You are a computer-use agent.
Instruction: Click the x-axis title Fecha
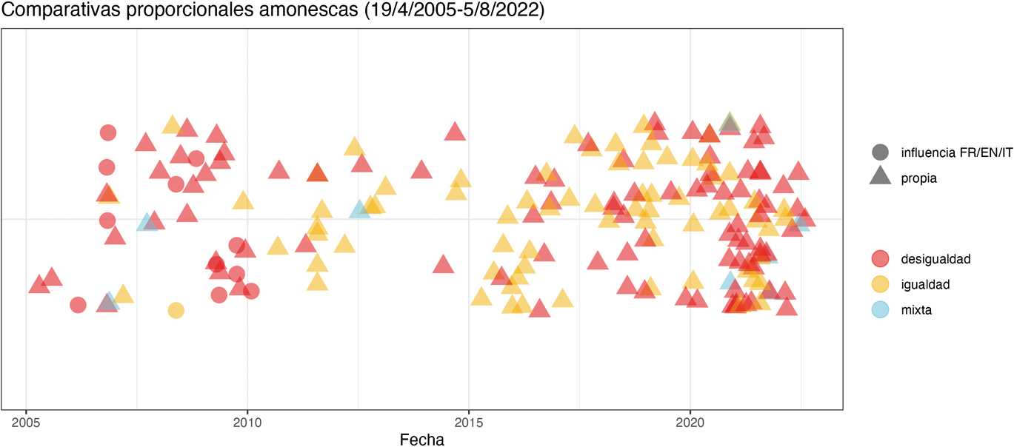coord(421,440)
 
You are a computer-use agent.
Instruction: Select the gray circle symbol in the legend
coord(880,152)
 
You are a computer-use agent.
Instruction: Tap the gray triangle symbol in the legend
coord(880,178)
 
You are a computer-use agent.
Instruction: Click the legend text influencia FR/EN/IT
coord(956,152)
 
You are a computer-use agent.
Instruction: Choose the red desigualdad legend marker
coord(880,258)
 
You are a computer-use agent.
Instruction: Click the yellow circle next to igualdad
coord(880,284)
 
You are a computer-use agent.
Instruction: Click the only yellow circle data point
coord(176,310)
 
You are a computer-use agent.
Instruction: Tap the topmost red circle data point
coord(108,132)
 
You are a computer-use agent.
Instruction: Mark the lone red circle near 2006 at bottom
coord(78,305)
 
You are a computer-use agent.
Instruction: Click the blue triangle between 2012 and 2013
coord(360,210)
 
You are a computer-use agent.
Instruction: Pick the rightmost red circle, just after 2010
coord(251,291)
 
